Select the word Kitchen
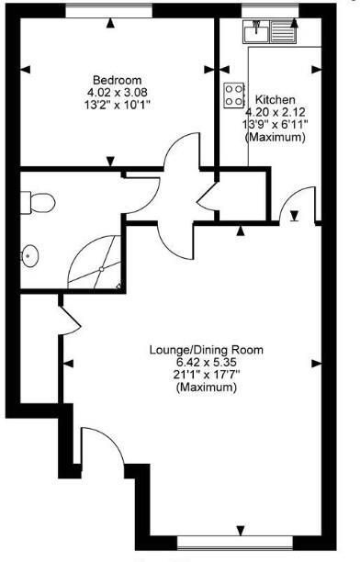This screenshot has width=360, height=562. click(275, 100)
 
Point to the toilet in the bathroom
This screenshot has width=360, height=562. click(38, 199)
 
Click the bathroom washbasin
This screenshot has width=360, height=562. click(32, 254)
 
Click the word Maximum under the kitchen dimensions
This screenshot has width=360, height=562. click(275, 137)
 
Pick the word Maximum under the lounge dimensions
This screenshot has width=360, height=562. click(207, 388)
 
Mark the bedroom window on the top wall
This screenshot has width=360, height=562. click(110, 9)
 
